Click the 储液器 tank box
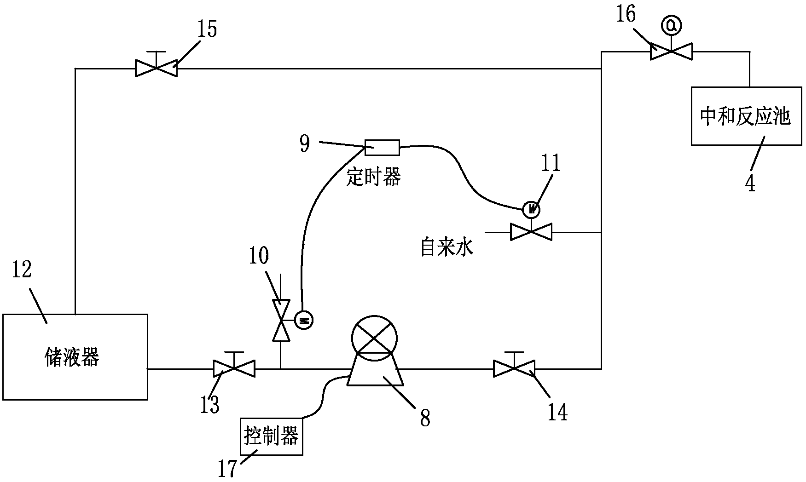(x=75, y=357)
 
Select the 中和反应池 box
(x=746, y=116)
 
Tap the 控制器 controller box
(x=272, y=436)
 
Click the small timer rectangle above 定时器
(x=382, y=148)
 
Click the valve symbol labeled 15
(x=156, y=68)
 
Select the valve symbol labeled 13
(x=234, y=368)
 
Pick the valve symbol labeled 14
(x=514, y=368)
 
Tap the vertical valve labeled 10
(x=280, y=320)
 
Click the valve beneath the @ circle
(x=671, y=51)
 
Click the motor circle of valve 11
(x=532, y=210)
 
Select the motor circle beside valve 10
(x=303, y=320)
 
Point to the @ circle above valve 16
(x=671, y=27)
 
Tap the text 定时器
(x=374, y=177)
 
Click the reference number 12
(x=22, y=270)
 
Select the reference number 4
(x=750, y=183)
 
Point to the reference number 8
(x=425, y=418)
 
